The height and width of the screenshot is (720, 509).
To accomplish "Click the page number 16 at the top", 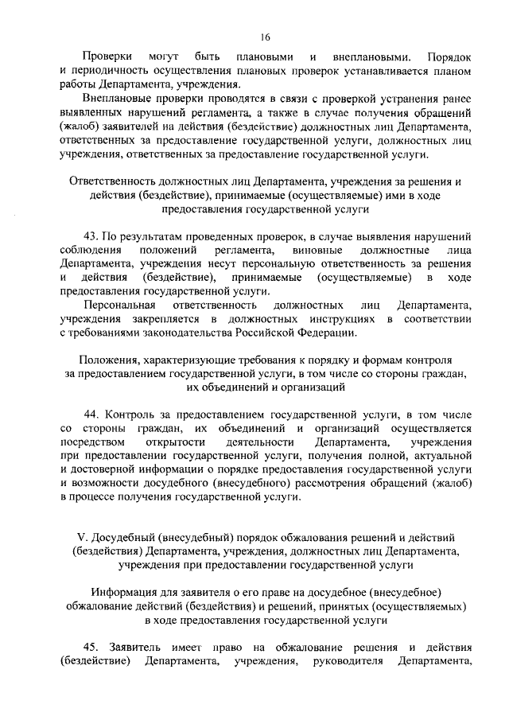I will [x=265, y=36].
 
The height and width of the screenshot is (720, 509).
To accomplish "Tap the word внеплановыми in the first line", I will [x=371, y=57].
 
